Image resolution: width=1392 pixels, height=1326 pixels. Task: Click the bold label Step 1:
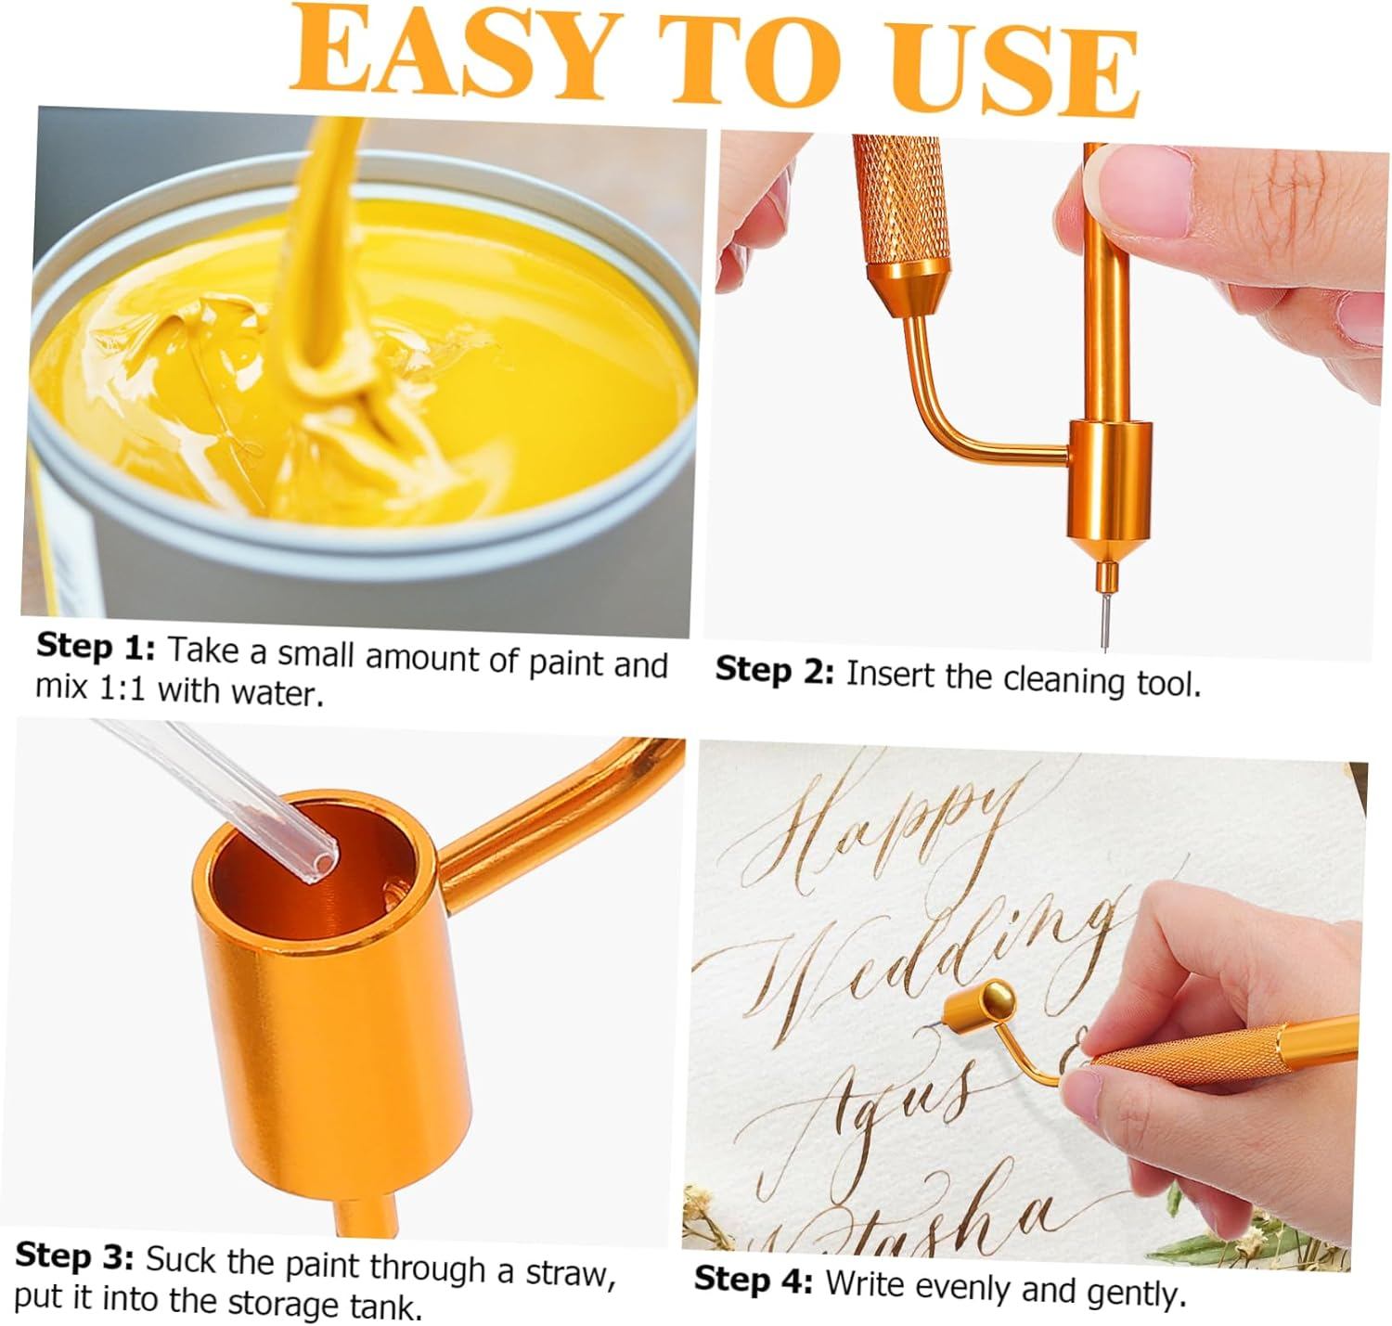[x=96, y=647]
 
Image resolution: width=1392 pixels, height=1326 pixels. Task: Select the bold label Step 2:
[x=775, y=670]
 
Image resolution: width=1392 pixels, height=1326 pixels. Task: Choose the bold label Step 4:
[x=754, y=1280]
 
